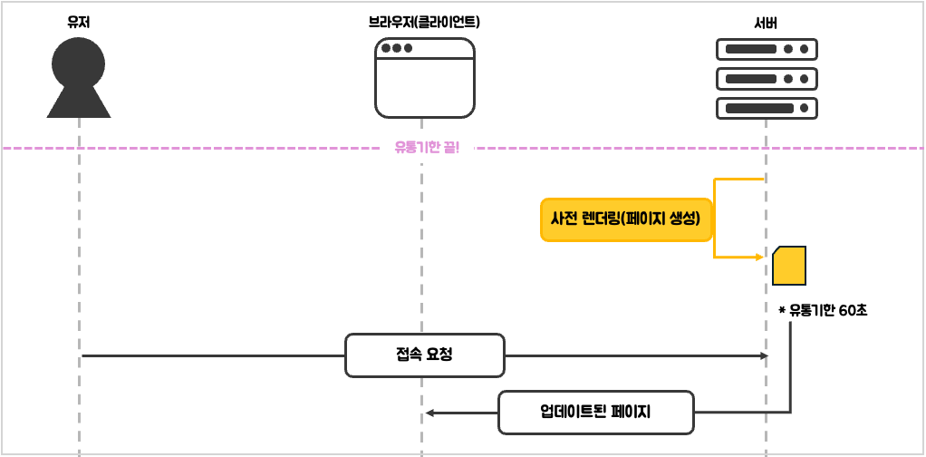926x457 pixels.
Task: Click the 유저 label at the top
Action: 79,23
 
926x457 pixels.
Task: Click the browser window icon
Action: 425,78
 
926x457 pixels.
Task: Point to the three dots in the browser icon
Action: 397,48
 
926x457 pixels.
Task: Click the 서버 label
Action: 766,23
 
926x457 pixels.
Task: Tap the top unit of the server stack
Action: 767,49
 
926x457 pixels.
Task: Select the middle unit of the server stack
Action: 767,79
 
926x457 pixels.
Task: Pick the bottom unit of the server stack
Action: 767,108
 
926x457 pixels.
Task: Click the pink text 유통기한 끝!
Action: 427,148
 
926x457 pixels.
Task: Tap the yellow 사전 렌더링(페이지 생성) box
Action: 626,219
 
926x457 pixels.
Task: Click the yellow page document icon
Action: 789,266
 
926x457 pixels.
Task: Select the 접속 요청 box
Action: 425,355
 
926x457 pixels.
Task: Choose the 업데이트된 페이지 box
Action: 596,413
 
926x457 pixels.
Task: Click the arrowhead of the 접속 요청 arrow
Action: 765,355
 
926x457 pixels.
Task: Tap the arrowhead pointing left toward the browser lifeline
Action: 429,413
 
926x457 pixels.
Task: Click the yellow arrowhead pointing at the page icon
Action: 760,258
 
